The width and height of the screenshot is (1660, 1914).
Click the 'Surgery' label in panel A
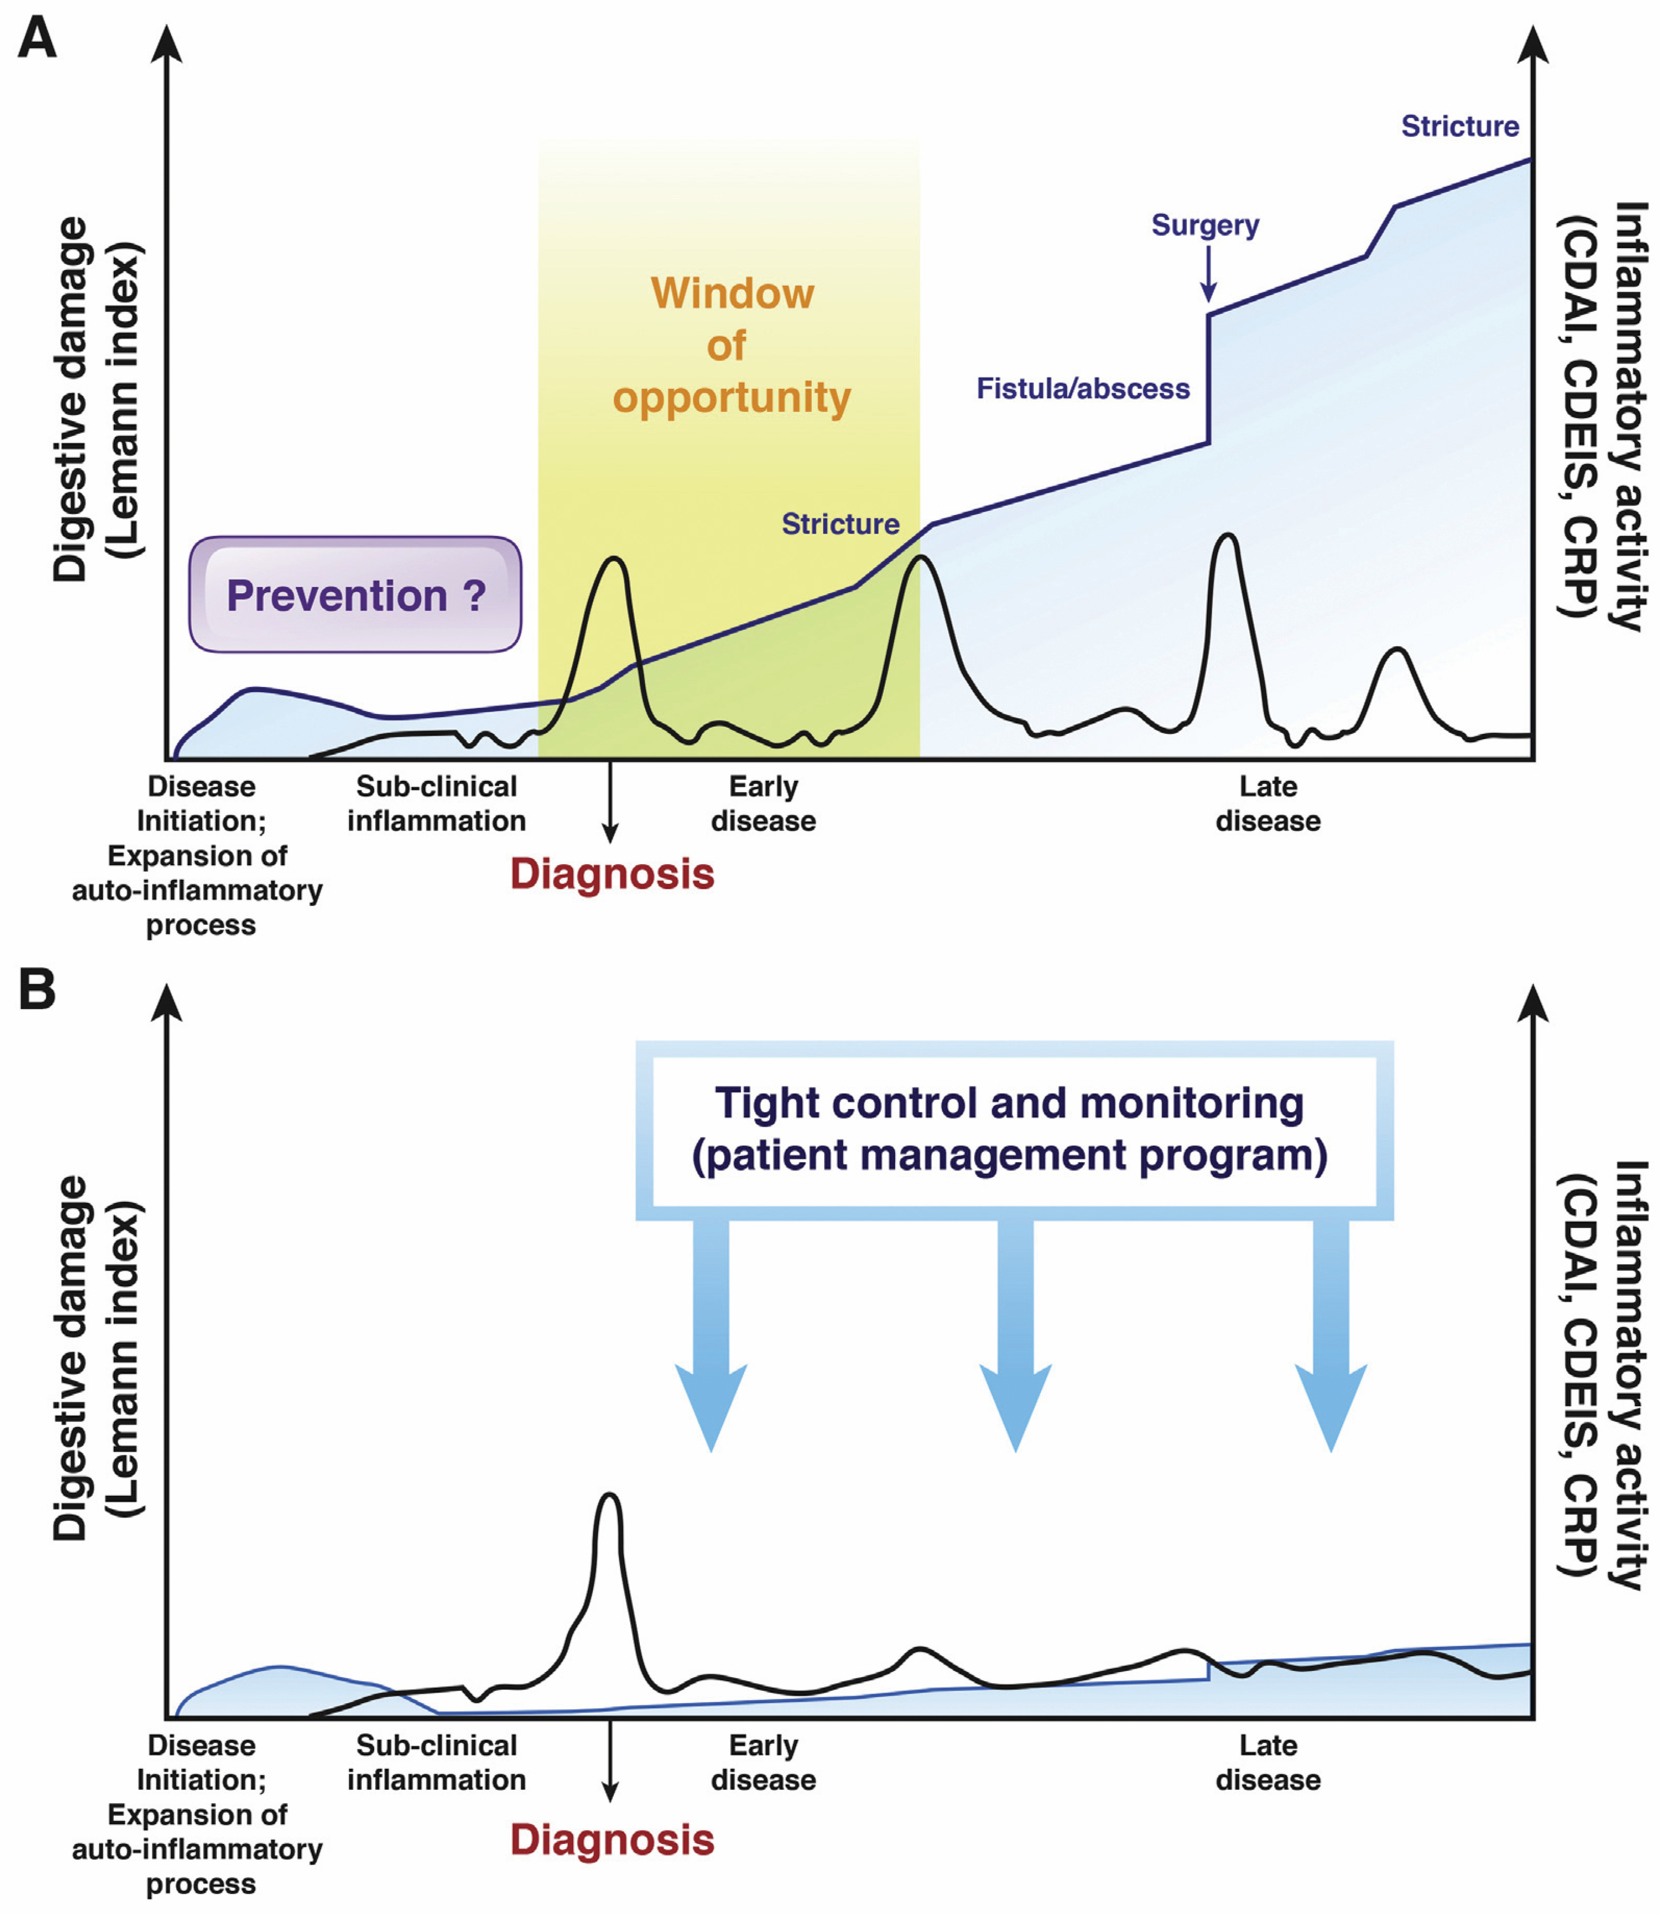tap(1205, 225)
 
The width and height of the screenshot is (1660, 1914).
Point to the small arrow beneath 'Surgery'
tap(1208, 274)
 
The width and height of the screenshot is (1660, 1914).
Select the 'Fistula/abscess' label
tap(1083, 388)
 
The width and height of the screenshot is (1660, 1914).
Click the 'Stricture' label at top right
tap(1460, 126)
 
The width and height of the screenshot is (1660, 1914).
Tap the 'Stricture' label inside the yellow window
tap(840, 524)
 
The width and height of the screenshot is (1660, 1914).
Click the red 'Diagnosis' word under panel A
tap(612, 874)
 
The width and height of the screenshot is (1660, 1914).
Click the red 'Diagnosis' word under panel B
tap(612, 1840)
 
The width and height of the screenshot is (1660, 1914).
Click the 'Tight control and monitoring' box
tap(1014, 1129)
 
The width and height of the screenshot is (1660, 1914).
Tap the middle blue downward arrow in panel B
tap(1015, 1334)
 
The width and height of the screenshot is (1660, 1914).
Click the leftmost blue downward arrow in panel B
tap(710, 1334)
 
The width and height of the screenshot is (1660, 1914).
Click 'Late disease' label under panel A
tap(1268, 803)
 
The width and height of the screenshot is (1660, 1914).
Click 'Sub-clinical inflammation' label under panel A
tap(436, 803)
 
